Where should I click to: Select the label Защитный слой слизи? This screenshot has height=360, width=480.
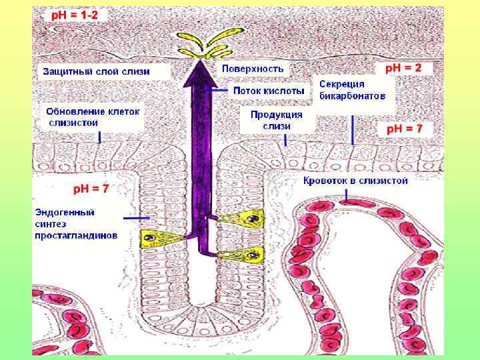coord(97,71)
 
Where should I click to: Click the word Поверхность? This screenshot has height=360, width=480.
coord(253,68)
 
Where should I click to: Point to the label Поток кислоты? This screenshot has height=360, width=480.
coord(269,90)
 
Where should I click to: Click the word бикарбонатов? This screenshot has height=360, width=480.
coord(352,96)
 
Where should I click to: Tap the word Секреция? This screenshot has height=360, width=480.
coord(342,85)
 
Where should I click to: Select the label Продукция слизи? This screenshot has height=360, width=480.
coord(277,119)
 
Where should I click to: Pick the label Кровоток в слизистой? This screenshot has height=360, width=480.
coord(355,180)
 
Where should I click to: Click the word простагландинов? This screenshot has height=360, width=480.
coord(76,235)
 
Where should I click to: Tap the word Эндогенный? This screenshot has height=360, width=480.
coord(65,213)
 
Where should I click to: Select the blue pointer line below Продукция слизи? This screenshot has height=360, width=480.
coord(285,140)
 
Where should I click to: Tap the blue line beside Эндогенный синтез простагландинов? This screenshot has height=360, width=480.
coord(135,218)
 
